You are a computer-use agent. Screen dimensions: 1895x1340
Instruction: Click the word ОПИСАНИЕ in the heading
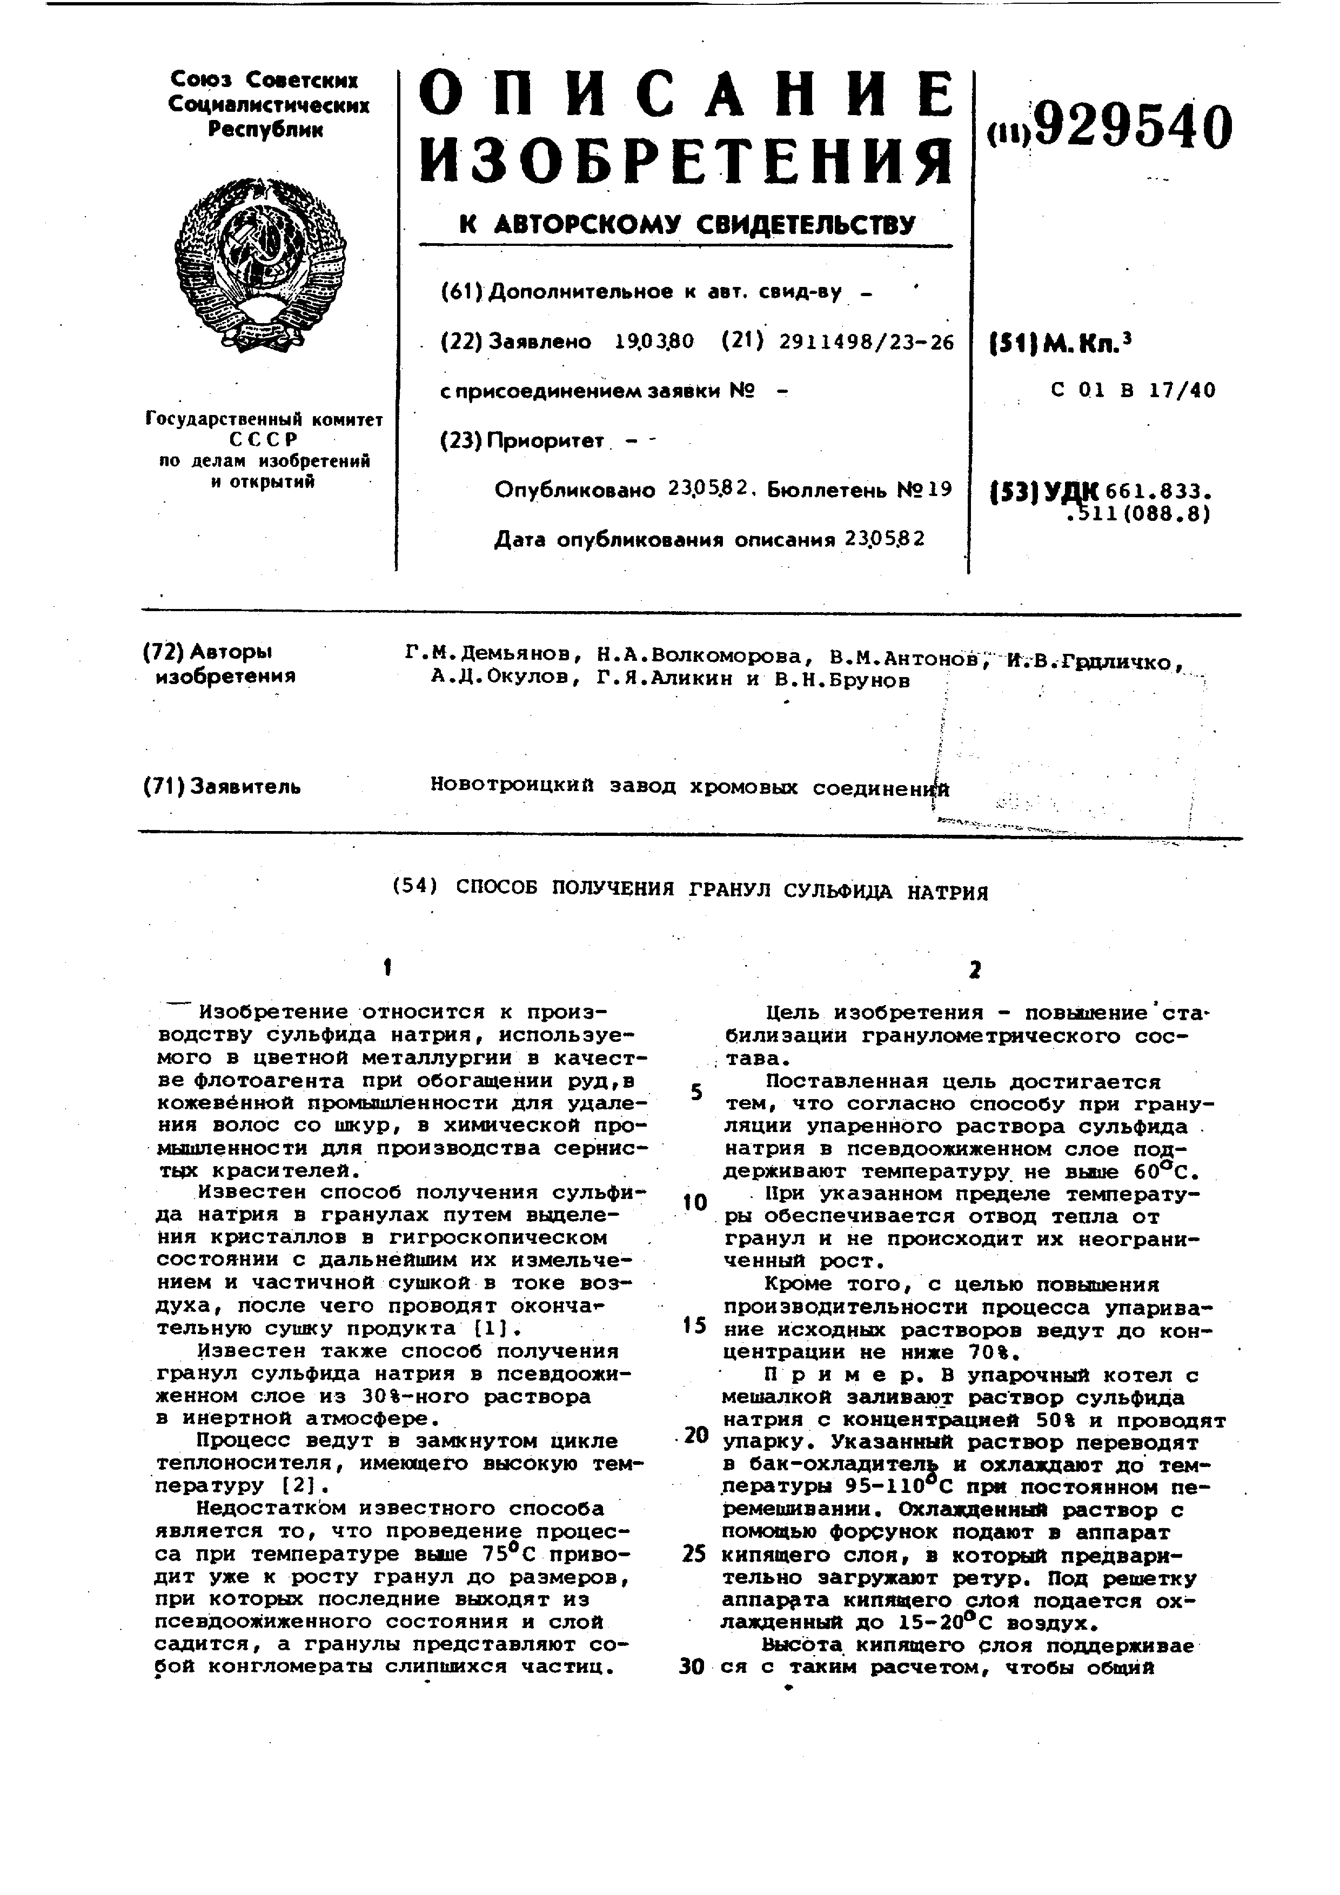[685, 98]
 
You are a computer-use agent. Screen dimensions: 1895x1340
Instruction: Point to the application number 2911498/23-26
[866, 341]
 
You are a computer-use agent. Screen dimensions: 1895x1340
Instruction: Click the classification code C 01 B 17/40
[1133, 390]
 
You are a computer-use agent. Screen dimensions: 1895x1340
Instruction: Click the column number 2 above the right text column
[974, 970]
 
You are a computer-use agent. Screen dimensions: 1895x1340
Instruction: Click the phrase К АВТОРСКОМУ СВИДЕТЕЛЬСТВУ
[687, 224]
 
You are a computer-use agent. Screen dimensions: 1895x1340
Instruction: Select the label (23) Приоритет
[523, 441]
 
